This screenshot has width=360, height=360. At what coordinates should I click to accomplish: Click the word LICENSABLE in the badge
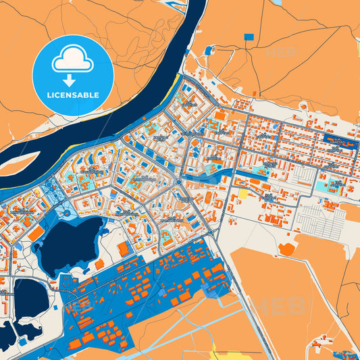[73, 95]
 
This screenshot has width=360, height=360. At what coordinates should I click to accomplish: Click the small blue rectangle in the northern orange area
[249, 36]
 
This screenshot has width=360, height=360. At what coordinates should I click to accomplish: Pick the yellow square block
[242, 194]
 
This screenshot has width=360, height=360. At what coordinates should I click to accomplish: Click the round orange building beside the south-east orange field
[286, 249]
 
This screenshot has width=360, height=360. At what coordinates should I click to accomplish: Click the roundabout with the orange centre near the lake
[68, 213]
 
